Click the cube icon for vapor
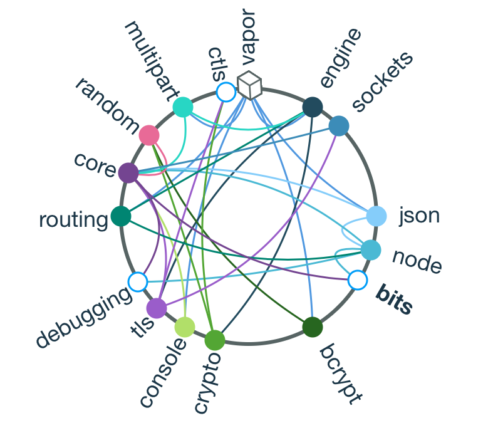249,85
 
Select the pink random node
149,135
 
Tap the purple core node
128,172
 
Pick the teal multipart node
182,107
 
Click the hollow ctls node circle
226,92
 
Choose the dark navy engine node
312,107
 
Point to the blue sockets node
338,126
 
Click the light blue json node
376,216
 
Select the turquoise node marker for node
370,250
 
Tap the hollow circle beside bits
357,280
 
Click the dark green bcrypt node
312,327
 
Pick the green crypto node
214,340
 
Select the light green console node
185,326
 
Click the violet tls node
156,308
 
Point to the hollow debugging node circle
137,281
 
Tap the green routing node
120,216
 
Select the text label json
419,216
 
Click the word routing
73,221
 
